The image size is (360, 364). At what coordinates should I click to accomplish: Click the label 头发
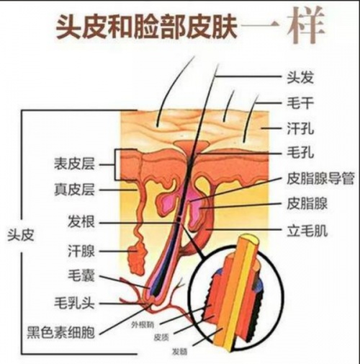pyautogui.click(x=300, y=77)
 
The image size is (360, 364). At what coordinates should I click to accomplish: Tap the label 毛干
pyautogui.click(x=300, y=103)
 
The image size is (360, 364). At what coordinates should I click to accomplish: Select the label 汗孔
pyautogui.click(x=300, y=128)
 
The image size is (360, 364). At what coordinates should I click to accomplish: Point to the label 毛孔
pyautogui.click(x=300, y=152)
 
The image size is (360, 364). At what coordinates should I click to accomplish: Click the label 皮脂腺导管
pyautogui.click(x=320, y=178)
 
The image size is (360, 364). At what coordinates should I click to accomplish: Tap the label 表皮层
pyautogui.click(x=74, y=164)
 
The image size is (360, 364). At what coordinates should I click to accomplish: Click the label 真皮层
pyautogui.click(x=74, y=190)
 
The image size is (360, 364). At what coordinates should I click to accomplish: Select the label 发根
pyautogui.click(x=81, y=221)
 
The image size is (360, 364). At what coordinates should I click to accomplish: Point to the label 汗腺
pyautogui.click(x=81, y=252)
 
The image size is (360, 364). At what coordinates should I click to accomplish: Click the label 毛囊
pyautogui.click(x=81, y=275)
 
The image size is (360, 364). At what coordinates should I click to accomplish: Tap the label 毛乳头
pyautogui.click(x=74, y=303)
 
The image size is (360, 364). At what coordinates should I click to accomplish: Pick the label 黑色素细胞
pyautogui.click(x=60, y=332)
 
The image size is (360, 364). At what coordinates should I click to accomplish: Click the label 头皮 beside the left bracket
pyautogui.click(x=21, y=235)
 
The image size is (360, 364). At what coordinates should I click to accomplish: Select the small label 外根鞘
pyautogui.click(x=143, y=325)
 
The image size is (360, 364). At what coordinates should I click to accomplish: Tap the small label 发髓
pyautogui.click(x=180, y=352)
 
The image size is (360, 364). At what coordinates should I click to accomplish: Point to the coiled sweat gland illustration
pyautogui.click(x=138, y=257)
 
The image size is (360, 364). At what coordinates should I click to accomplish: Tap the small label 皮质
pyautogui.click(x=161, y=338)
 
